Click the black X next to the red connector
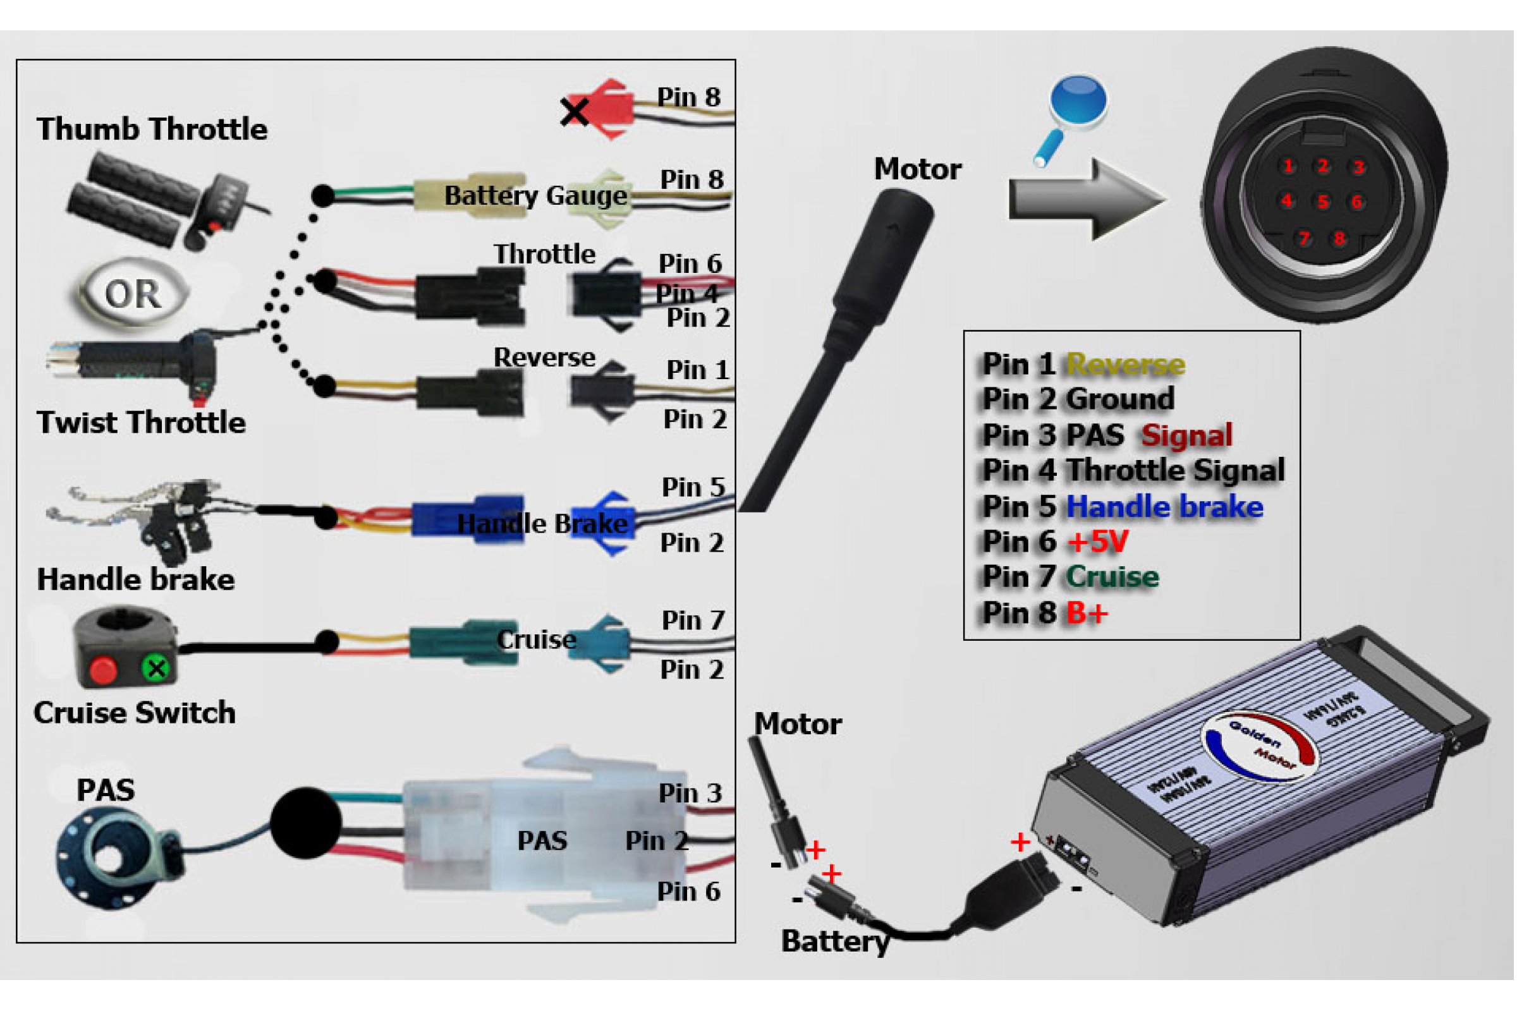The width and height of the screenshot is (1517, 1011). pyautogui.click(x=574, y=112)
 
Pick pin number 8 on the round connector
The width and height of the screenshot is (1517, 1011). pyautogui.click(x=1339, y=239)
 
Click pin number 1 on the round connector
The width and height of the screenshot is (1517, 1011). pyautogui.click(x=1288, y=166)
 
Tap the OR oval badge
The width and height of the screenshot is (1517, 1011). pyautogui.click(x=133, y=294)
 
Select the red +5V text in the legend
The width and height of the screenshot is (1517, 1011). pyautogui.click(x=1099, y=542)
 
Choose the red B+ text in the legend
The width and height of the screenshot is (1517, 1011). pyautogui.click(x=1087, y=613)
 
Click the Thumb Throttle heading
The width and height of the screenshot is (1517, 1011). pyautogui.click(x=152, y=129)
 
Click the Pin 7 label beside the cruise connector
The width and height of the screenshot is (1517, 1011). pyautogui.click(x=693, y=621)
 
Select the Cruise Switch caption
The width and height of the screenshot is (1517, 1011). pyautogui.click(x=135, y=713)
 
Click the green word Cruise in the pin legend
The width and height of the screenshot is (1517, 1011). pyautogui.click(x=1112, y=577)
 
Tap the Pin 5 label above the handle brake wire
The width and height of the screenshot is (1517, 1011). pyautogui.click(x=693, y=487)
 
